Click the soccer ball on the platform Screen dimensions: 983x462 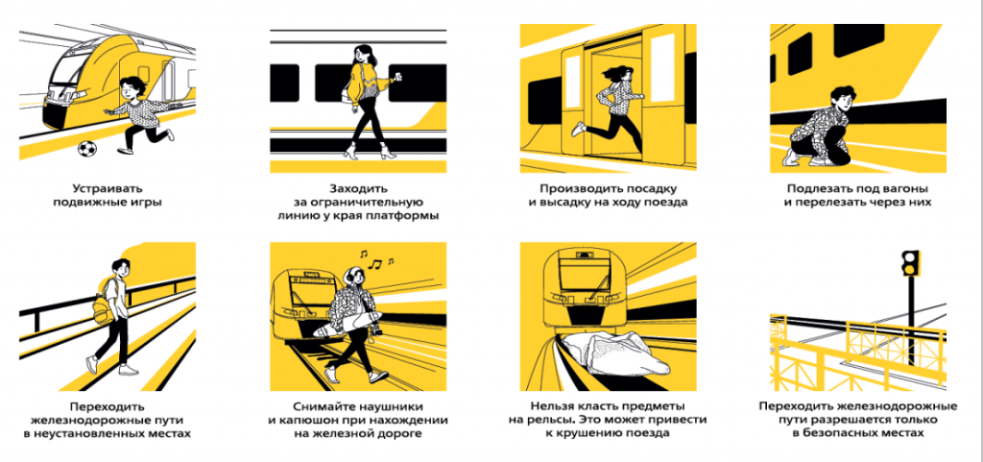coord(87,149)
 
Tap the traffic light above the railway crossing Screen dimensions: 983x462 coord(910,262)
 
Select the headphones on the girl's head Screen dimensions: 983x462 coord(348,276)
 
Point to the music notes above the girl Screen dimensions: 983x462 coord(376,259)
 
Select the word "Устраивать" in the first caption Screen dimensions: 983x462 coord(108,188)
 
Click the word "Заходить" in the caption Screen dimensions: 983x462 coord(359,188)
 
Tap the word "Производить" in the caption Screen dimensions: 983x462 coord(578,188)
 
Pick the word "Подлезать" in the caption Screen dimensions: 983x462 coord(823,188)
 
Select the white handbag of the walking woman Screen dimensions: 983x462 coord(346,94)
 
